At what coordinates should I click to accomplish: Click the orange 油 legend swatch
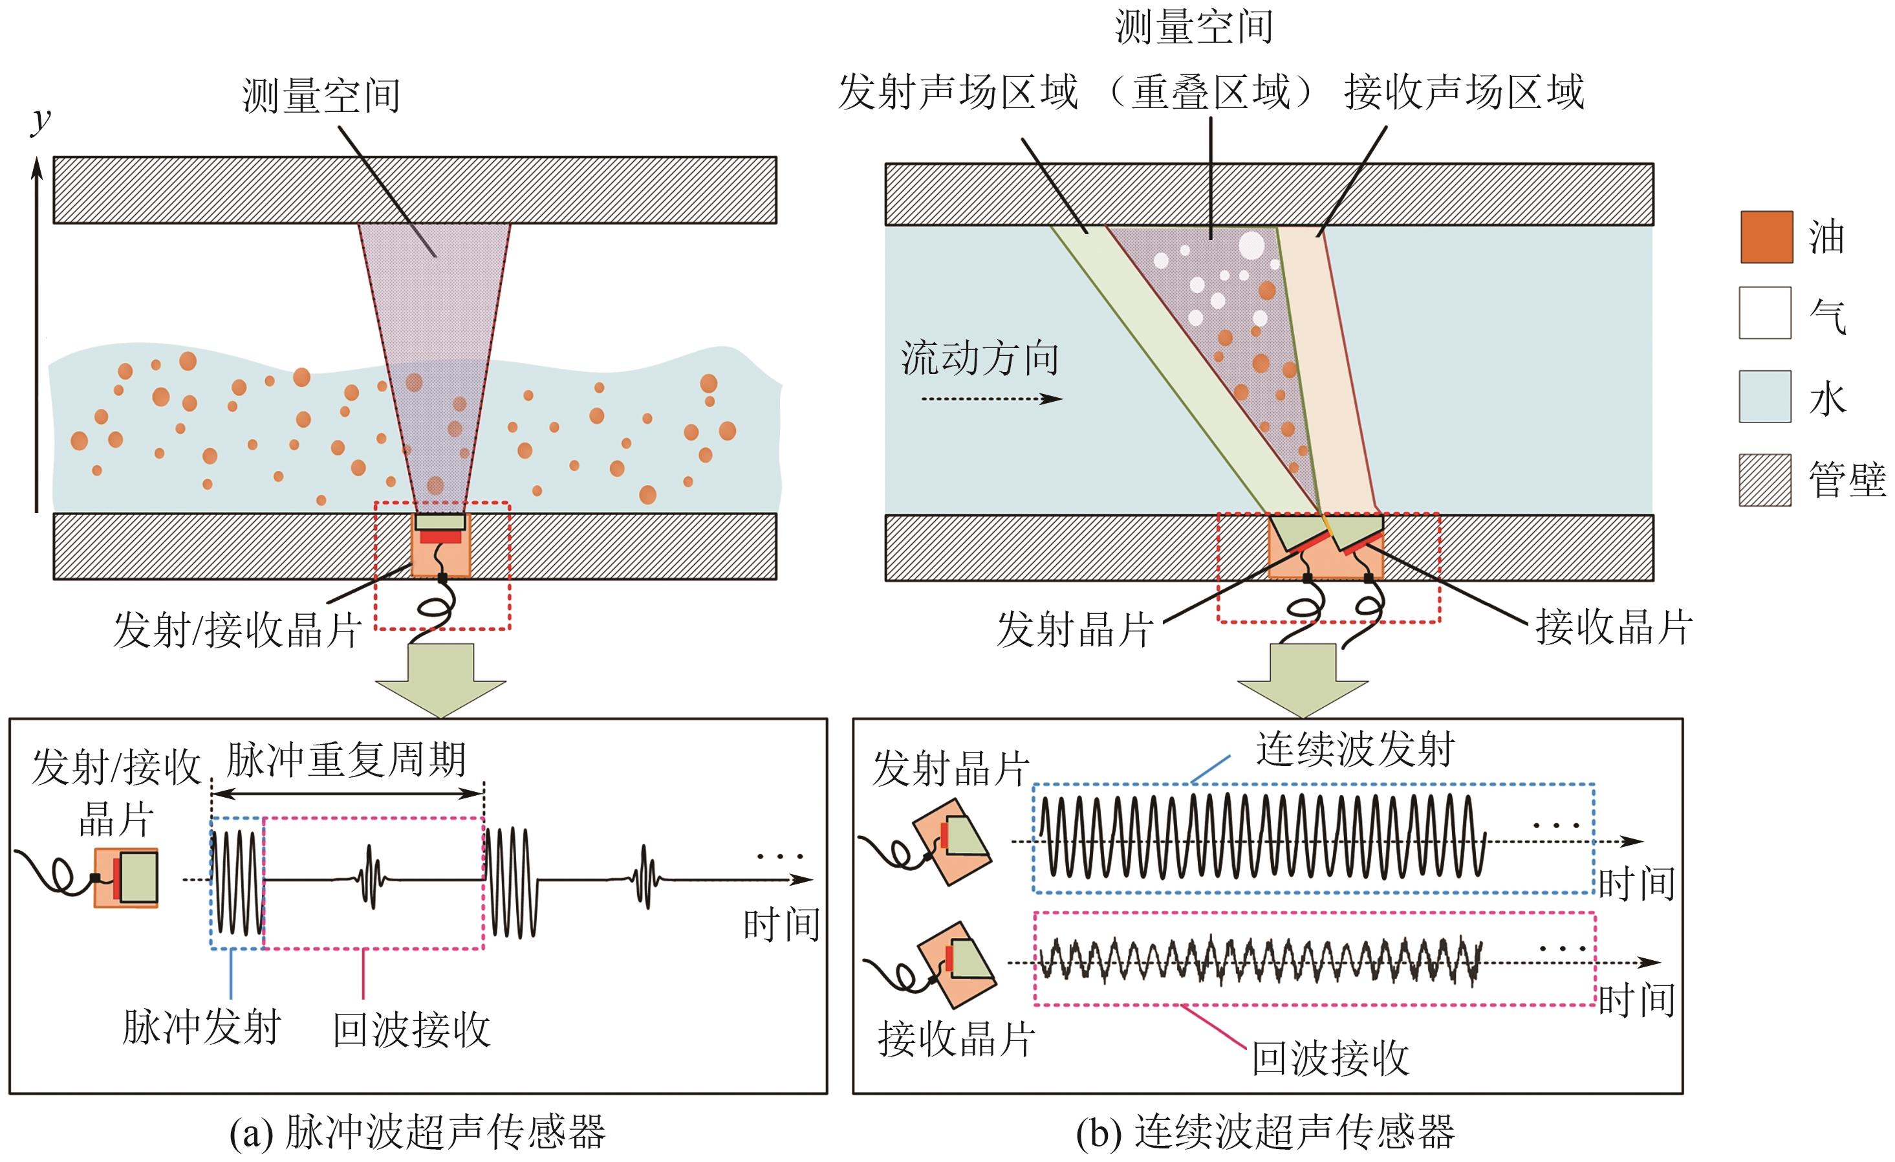tap(1766, 237)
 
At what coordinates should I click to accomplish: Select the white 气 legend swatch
tap(1766, 312)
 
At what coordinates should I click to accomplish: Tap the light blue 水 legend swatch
tap(1766, 397)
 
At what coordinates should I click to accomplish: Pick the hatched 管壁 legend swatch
tap(1766, 480)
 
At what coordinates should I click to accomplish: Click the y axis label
tap(41, 122)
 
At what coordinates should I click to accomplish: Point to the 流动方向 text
tap(980, 358)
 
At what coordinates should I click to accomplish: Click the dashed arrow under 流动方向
tap(992, 399)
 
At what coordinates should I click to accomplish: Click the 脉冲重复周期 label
tap(346, 760)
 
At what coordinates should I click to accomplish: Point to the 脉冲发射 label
tap(202, 1027)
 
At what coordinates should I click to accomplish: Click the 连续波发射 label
tap(1355, 749)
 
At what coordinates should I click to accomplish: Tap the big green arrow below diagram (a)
tap(440, 679)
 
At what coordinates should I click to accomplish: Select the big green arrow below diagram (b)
tap(1302, 679)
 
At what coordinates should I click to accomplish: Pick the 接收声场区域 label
tap(1464, 93)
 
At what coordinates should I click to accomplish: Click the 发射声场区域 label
tap(957, 93)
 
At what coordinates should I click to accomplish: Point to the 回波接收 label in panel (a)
tap(411, 1029)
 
